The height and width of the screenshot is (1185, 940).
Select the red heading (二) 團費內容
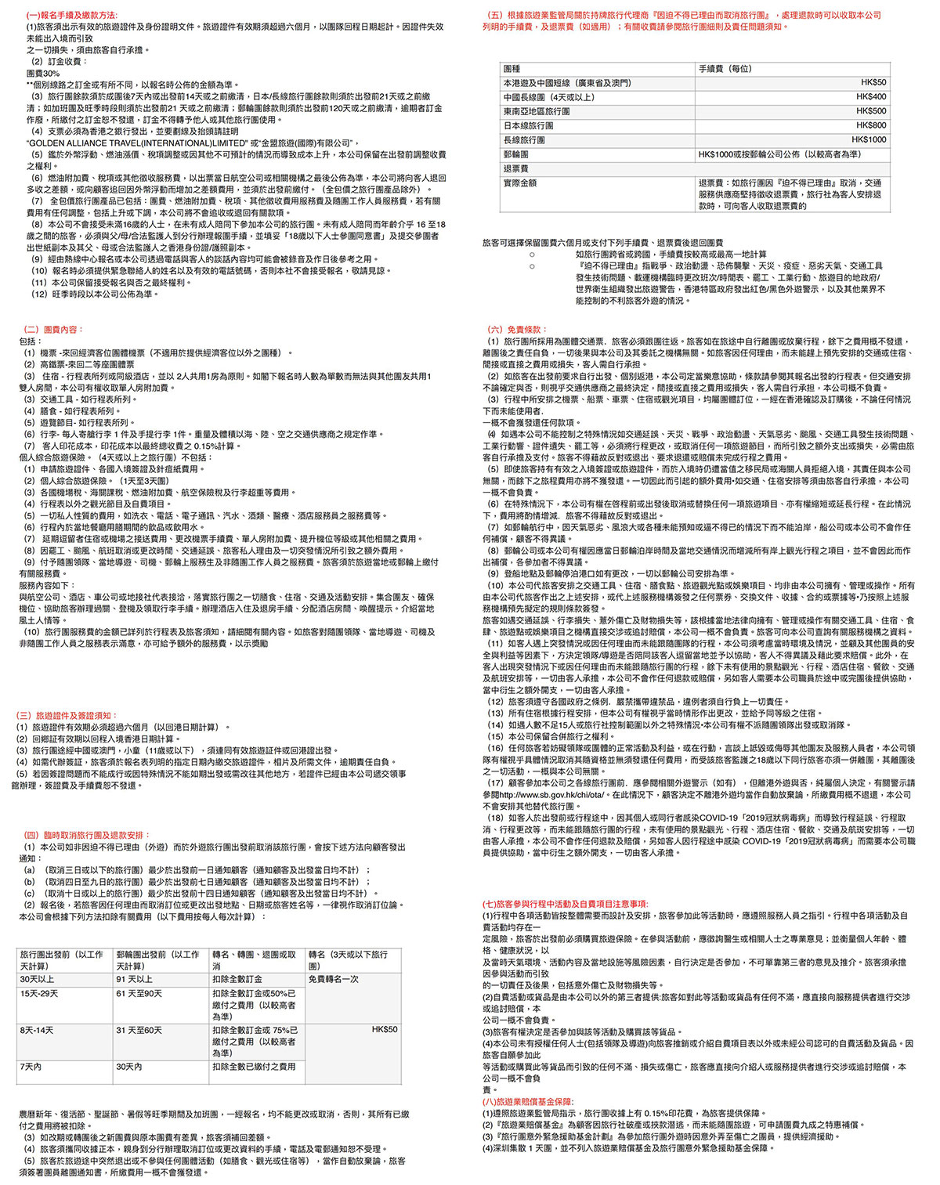(53, 330)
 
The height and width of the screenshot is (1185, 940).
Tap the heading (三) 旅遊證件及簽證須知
(66, 715)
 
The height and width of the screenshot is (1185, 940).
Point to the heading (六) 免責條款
(517, 330)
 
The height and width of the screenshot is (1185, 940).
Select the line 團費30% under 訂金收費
(43, 73)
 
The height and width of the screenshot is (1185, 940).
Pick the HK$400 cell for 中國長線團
(870, 97)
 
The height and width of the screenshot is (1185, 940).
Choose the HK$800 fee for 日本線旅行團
(870, 125)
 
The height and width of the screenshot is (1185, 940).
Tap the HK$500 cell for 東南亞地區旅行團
(870, 111)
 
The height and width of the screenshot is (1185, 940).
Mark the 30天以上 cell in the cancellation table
(37, 979)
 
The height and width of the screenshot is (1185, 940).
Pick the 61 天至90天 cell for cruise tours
(139, 993)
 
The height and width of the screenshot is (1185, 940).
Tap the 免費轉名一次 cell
(334, 979)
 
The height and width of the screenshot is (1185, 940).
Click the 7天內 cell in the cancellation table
(31, 1066)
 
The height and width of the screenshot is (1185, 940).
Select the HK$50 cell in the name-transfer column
(384, 1029)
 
